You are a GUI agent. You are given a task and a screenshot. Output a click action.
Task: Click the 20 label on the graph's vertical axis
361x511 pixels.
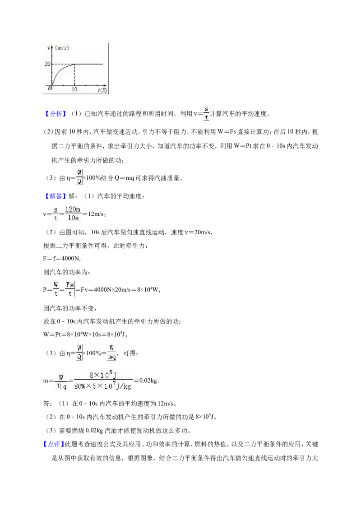[x=47, y=64]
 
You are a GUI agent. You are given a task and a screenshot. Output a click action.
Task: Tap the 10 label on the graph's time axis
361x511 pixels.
[x=74, y=89]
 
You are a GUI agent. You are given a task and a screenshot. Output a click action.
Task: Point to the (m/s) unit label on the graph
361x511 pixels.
[x=62, y=48]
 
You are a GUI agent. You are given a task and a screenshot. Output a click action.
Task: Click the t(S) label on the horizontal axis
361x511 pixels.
[x=102, y=90]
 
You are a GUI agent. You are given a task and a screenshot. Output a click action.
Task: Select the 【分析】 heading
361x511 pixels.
[x=55, y=114]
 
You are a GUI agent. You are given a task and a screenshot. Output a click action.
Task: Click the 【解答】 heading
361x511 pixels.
[x=55, y=196]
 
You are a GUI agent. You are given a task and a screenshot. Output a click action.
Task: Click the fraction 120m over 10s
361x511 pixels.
[x=73, y=214]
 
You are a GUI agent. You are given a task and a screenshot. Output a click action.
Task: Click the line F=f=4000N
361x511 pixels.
[x=62, y=258]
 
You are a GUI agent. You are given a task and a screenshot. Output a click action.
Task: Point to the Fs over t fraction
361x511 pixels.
[x=70, y=289]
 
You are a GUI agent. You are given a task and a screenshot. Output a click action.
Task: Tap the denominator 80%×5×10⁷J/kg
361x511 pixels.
[x=103, y=386]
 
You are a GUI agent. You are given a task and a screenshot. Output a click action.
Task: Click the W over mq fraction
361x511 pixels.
[x=112, y=353]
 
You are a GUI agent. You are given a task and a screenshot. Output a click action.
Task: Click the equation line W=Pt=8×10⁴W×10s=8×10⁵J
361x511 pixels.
[x=85, y=334]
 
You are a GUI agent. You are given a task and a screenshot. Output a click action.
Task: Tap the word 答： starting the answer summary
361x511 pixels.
[x=48, y=404]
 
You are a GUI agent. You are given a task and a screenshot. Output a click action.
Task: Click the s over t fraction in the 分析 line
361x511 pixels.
[x=206, y=113]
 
